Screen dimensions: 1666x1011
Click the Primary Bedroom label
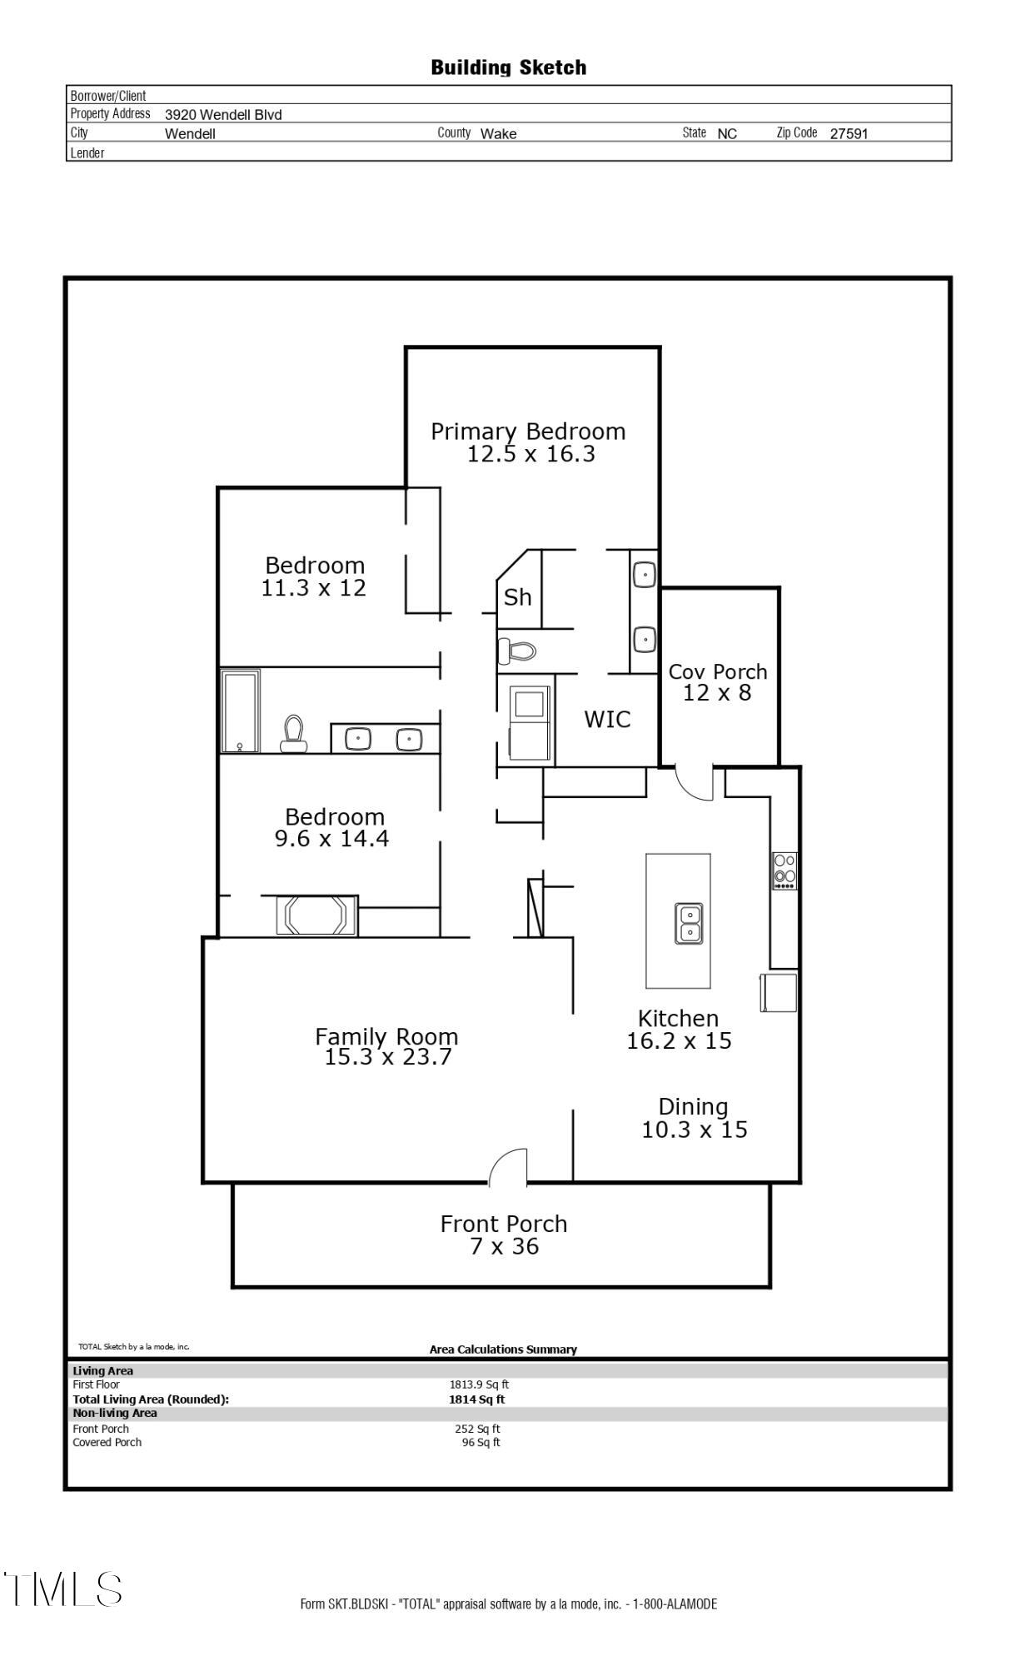[528, 431]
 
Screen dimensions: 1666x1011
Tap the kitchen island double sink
[689, 923]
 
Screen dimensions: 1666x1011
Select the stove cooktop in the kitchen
[784, 870]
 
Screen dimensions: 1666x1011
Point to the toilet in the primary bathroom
[517, 650]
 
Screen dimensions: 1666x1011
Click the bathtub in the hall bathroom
[241, 711]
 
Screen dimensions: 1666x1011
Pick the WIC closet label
[607, 719]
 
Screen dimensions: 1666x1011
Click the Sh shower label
[517, 596]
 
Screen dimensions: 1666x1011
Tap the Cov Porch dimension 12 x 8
[717, 693]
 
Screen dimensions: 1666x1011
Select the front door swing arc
[507, 1166]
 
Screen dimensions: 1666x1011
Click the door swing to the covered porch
[695, 784]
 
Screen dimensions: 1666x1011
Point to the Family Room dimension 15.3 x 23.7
[387, 1057]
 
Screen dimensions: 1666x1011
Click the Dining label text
[693, 1106]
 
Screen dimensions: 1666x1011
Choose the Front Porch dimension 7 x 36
[504, 1246]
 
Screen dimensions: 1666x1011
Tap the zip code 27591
[849, 133]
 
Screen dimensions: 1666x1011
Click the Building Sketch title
[508, 67]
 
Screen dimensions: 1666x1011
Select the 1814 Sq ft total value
[476, 1399]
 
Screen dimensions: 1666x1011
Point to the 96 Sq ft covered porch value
[481, 1442]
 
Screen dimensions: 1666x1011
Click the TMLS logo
[63, 1589]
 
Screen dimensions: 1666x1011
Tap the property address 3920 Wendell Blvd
[223, 115]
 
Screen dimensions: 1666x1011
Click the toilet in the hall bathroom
[293, 733]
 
